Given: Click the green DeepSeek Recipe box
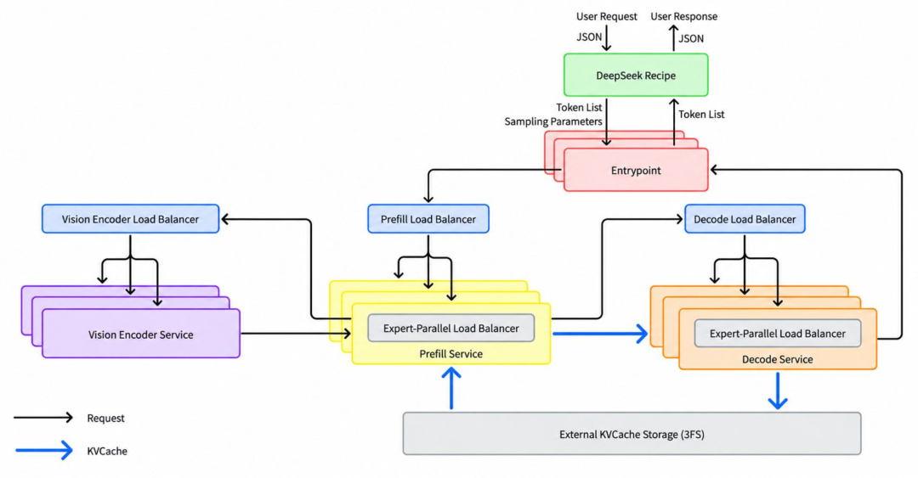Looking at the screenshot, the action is [x=636, y=75].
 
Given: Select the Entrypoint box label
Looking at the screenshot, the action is [x=636, y=171].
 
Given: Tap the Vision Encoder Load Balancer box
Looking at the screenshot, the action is [x=131, y=219].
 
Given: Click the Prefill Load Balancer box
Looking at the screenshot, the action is [x=428, y=219].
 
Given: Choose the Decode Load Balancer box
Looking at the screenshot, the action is [x=745, y=219].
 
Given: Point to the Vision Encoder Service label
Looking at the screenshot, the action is [x=140, y=335].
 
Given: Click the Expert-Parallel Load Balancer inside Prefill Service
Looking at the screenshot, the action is [x=450, y=329].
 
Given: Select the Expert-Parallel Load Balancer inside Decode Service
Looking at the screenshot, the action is [x=778, y=334].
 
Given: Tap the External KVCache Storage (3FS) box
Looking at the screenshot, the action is [x=632, y=434].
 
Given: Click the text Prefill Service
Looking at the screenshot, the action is [x=450, y=353].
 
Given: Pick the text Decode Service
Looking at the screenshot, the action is [x=778, y=359].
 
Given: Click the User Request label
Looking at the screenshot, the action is [x=607, y=16].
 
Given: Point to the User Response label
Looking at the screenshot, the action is [x=683, y=16].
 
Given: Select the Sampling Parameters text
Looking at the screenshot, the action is [x=553, y=121].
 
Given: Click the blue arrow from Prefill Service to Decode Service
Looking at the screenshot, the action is [x=601, y=334].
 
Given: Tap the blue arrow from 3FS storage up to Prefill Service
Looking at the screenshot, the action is [x=451, y=388].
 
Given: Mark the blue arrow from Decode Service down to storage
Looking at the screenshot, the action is [x=778, y=391].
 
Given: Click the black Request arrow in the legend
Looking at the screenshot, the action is [x=44, y=417].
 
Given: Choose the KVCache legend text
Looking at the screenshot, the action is [x=107, y=451].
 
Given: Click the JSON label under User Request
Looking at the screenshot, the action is [x=589, y=37].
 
